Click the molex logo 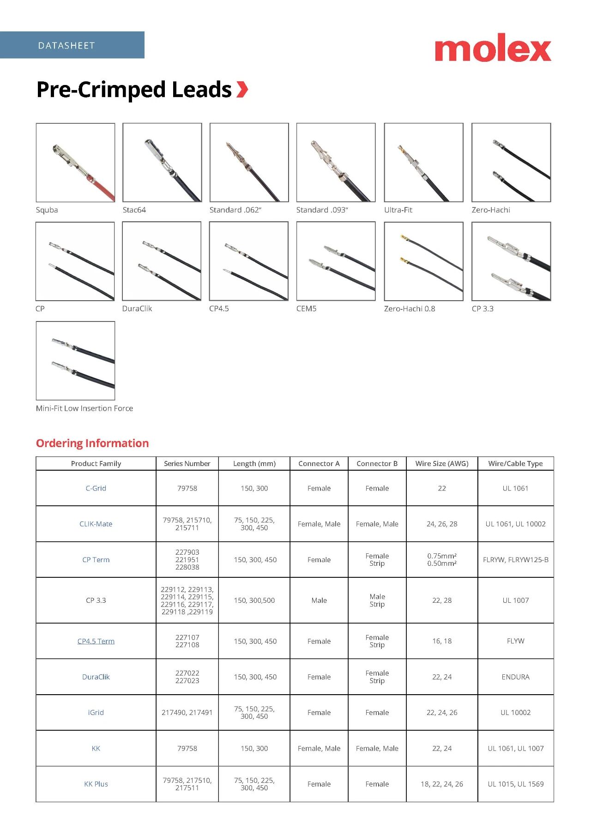tap(493, 48)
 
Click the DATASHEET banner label tap(66, 45)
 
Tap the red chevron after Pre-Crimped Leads tap(242, 89)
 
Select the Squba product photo tap(75, 162)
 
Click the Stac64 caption tap(134, 210)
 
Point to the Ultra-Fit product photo tap(423, 162)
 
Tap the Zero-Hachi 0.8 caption tap(410, 309)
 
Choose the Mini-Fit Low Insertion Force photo tap(75, 360)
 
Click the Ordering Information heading tap(92, 443)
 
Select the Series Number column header tap(187, 463)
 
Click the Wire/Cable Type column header tap(515, 463)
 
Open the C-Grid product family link tap(96, 488)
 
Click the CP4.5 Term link tap(96, 641)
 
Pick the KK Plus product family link tap(96, 784)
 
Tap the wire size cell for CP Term tap(442, 559)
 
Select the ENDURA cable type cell tap(515, 677)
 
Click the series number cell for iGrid tap(187, 712)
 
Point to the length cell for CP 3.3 tap(254, 600)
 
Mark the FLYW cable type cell tap(515, 641)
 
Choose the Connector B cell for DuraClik tap(377, 677)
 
